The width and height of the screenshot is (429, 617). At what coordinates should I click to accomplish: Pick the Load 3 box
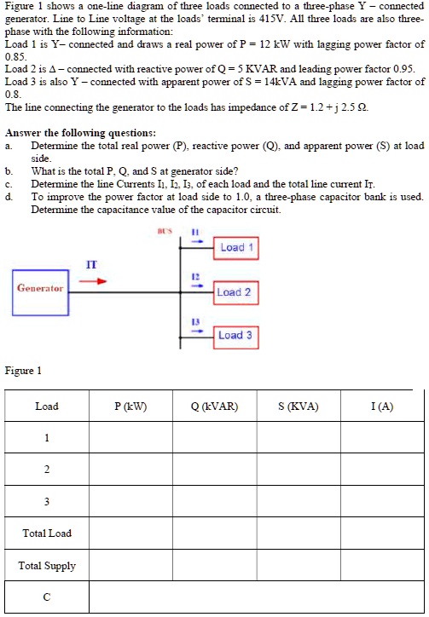tap(235, 336)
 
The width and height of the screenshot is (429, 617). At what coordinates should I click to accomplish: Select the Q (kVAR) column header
tap(213, 406)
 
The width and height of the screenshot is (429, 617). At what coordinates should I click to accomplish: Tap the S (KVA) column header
tap(298, 406)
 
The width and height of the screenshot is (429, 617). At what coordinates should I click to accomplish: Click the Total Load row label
tap(47, 533)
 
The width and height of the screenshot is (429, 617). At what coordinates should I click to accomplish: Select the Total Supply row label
tap(47, 566)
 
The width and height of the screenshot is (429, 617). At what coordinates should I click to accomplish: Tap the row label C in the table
tap(47, 597)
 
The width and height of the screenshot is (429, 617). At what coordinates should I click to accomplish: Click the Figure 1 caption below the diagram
tap(23, 371)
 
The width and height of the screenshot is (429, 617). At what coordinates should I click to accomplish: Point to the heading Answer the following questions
tap(80, 133)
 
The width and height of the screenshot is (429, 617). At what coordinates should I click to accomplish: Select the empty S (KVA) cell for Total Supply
tap(298, 566)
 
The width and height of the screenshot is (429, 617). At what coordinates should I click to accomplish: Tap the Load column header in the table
tap(47, 406)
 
